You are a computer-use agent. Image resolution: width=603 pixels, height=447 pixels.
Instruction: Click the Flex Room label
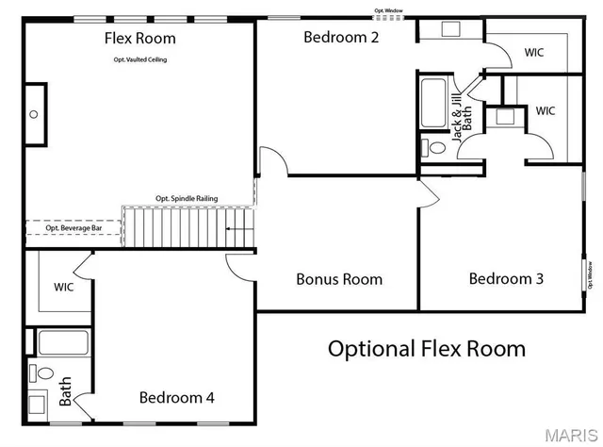[x=140, y=39]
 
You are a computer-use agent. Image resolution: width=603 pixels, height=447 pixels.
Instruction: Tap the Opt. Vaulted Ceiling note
[x=140, y=59]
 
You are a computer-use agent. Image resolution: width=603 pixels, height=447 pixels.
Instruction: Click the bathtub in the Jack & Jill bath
[x=434, y=104]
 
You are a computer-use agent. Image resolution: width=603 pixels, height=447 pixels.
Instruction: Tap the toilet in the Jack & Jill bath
[x=434, y=148]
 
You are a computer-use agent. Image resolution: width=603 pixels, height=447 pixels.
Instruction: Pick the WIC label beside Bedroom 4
[x=64, y=287]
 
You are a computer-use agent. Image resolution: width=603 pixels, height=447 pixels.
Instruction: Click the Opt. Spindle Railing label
[x=187, y=199]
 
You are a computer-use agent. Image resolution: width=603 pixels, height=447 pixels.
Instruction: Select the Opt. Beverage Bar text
[x=73, y=228]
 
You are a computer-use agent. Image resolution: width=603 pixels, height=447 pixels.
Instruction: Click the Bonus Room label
[x=339, y=279]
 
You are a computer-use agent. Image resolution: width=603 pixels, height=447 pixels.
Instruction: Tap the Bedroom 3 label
[x=506, y=279]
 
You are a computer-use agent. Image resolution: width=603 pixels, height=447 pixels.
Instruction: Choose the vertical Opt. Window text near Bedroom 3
[x=587, y=276]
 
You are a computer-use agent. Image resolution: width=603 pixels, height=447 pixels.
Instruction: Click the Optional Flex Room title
[x=426, y=349]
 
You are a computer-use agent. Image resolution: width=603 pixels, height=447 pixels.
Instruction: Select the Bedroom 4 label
[x=176, y=398]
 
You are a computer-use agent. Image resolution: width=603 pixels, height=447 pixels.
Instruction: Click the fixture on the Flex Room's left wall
[x=34, y=114]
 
